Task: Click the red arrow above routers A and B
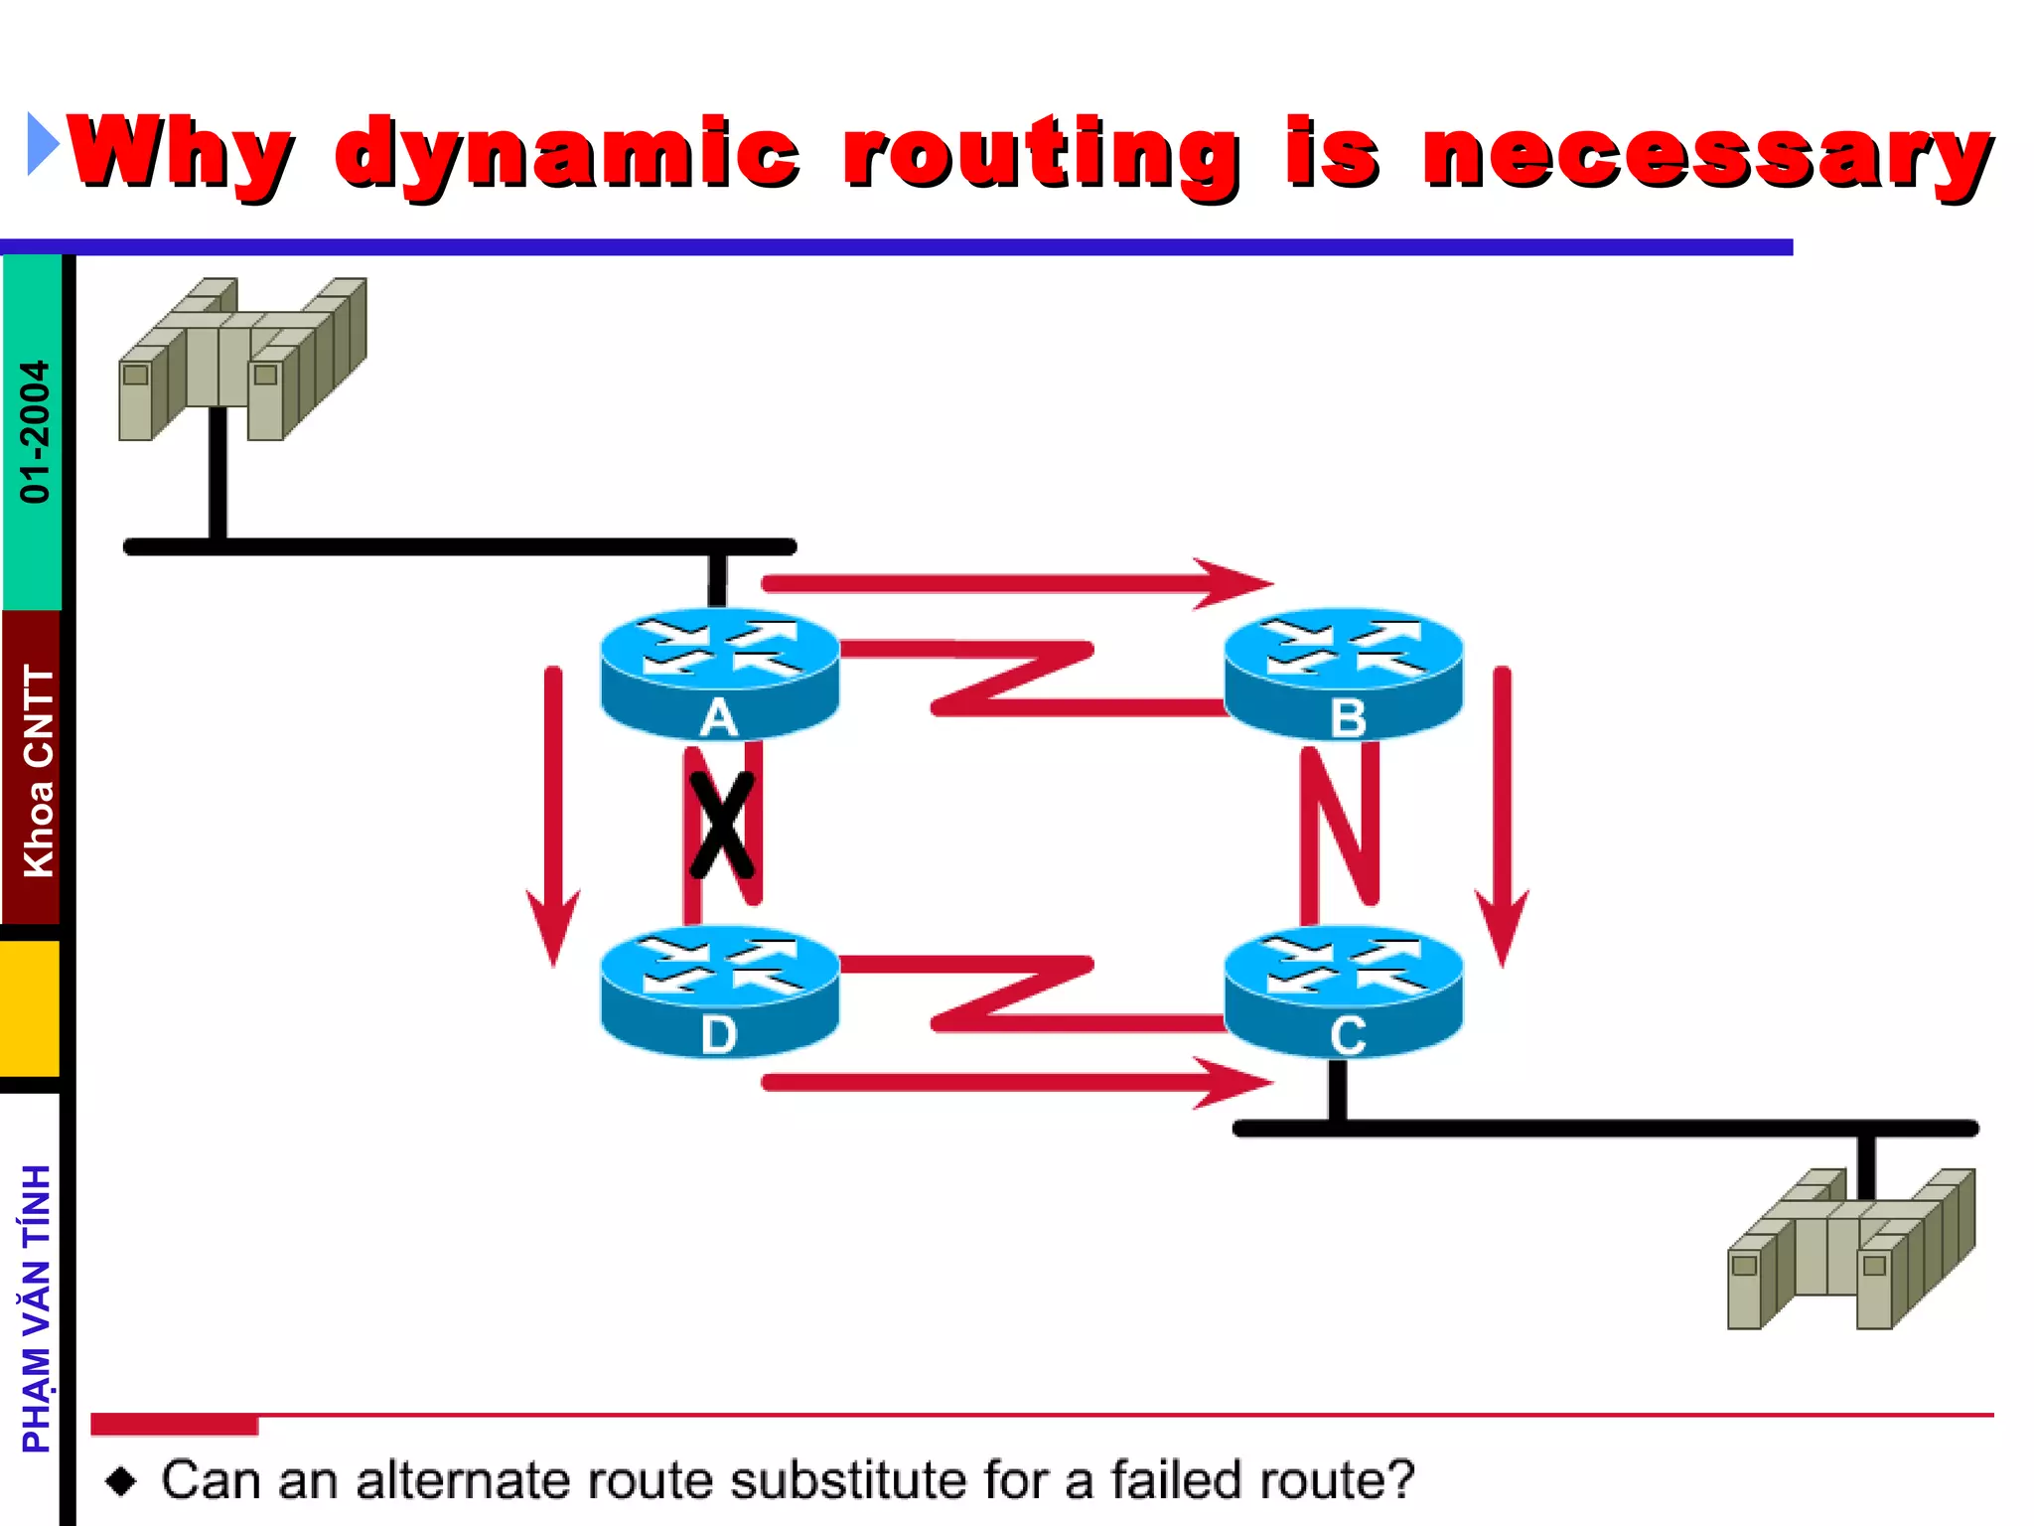(x=1013, y=583)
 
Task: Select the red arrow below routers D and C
(x=1013, y=1082)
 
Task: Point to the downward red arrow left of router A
(x=553, y=815)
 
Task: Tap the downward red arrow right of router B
(x=1502, y=815)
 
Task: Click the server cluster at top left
(x=242, y=360)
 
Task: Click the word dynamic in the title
(x=566, y=154)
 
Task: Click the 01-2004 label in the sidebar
(x=35, y=431)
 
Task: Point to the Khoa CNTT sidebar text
(x=38, y=771)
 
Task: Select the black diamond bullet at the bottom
(x=121, y=1481)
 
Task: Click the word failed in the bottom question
(x=1176, y=1479)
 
